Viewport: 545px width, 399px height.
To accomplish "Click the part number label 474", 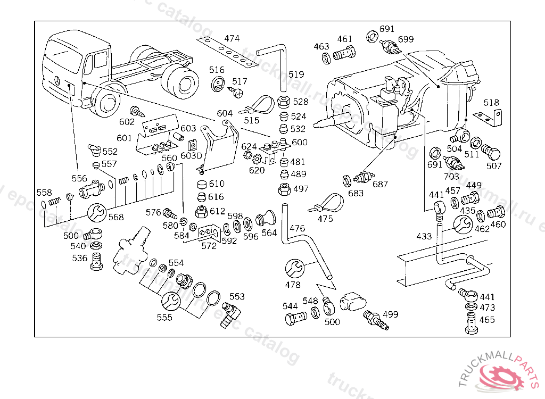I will coord(232,38).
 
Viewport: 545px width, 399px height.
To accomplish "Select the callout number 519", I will coord(296,74).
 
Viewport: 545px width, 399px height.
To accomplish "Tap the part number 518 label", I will coord(491,103).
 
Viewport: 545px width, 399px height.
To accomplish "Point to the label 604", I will coord(225,113).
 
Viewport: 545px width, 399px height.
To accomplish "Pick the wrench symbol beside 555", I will coord(170,301).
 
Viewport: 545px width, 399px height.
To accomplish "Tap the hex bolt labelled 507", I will coord(491,151).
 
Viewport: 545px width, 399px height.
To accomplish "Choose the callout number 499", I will coord(390,314).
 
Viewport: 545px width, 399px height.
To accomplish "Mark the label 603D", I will coord(191,155).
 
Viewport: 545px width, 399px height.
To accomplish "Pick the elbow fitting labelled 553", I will coord(232,313).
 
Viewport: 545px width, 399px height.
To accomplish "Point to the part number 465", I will coord(486,320).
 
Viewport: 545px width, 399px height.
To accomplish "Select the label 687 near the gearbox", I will coord(380,184).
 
